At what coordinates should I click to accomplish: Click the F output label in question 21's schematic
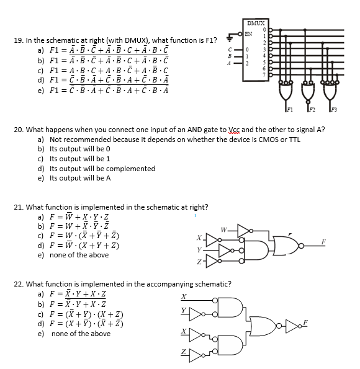tap(340, 239)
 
